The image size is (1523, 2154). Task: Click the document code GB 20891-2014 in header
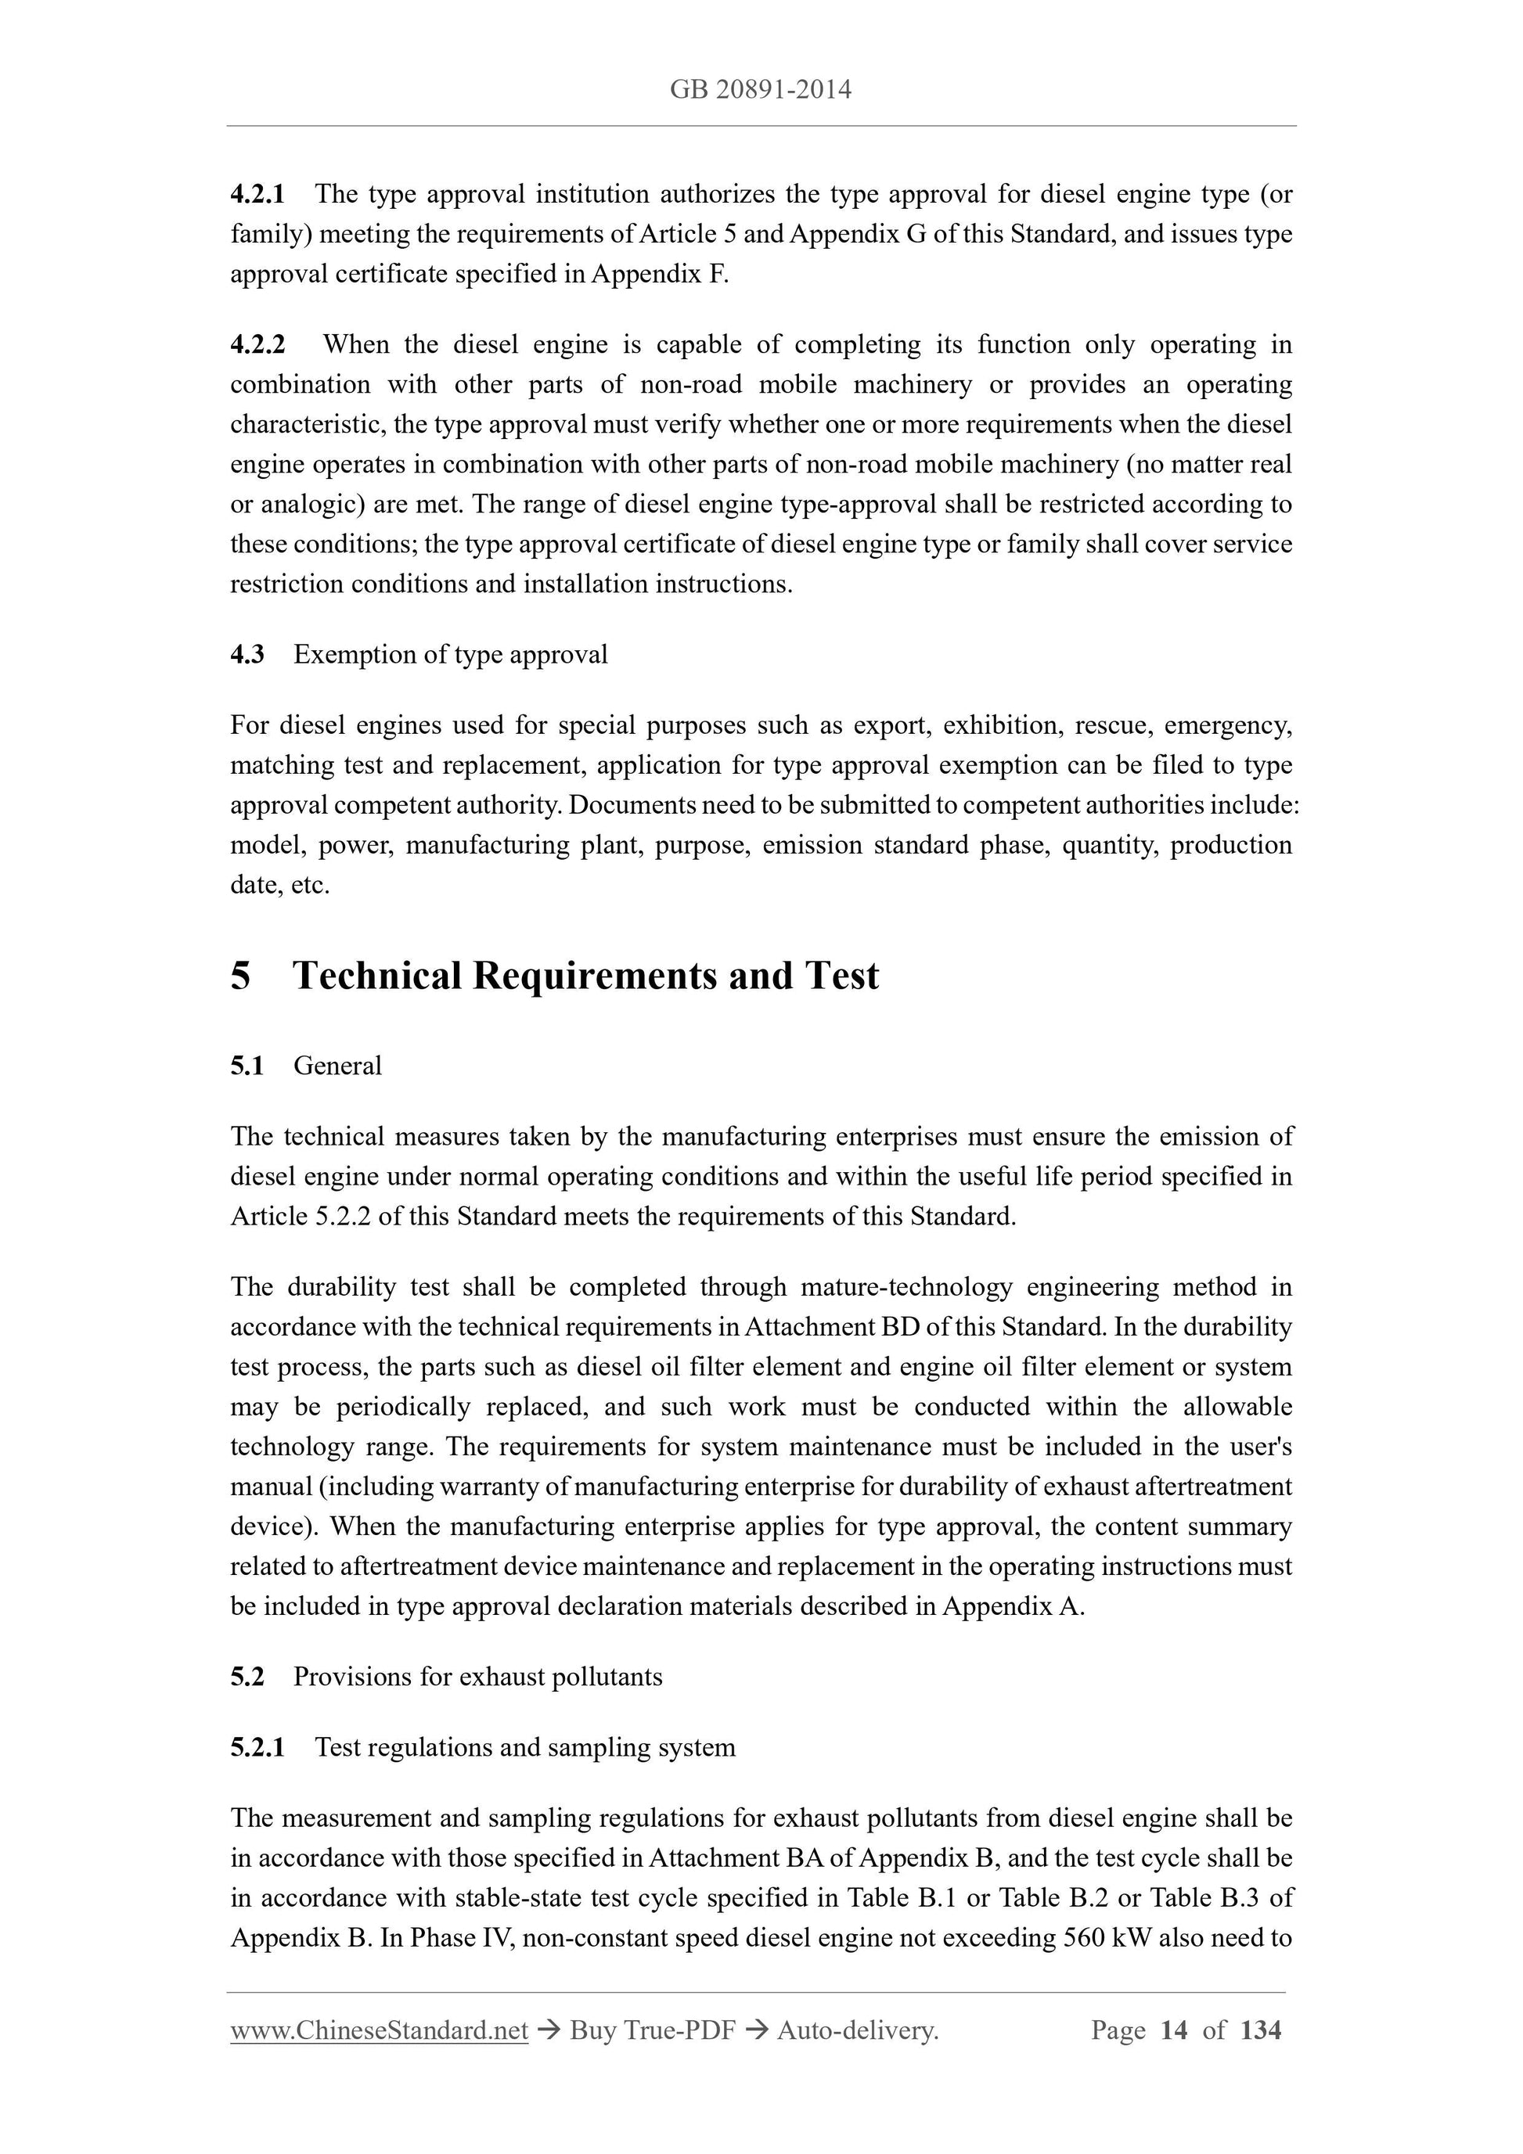tap(760, 90)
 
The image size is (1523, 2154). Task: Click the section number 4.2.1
tap(257, 194)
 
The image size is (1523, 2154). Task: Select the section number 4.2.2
tap(257, 344)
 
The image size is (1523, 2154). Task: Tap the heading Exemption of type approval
tap(451, 654)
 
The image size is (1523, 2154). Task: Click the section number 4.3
tap(247, 654)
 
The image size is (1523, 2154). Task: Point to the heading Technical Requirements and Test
tap(585, 976)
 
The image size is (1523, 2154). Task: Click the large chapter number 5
tap(241, 976)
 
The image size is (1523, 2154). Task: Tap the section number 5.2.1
tap(257, 1747)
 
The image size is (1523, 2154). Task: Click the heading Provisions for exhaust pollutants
tap(477, 1677)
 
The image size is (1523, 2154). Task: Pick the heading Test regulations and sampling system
tap(525, 1747)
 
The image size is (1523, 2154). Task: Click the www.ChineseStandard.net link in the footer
tap(379, 2030)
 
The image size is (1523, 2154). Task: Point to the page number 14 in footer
tap(1174, 2030)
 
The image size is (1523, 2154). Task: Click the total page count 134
tap(1260, 2030)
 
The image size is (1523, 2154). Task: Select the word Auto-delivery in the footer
tap(857, 2030)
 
